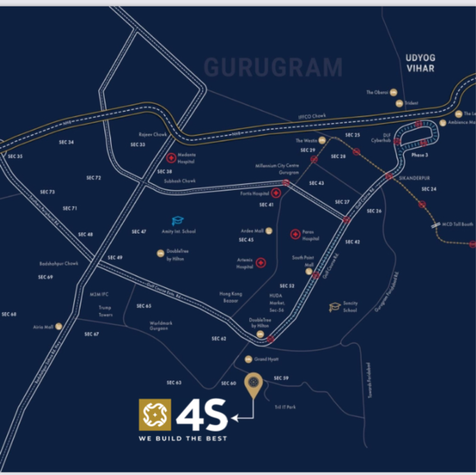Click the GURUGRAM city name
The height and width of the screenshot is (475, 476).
273,67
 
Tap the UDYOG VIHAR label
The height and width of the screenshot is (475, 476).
420,63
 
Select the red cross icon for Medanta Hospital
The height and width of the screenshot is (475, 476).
171,158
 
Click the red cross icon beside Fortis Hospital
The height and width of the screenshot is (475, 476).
275,193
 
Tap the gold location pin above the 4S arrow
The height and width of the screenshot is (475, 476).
254,384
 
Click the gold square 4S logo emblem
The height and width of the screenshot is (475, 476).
155,415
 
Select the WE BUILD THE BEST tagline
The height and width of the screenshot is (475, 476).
183,439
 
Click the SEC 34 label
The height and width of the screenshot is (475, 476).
66,142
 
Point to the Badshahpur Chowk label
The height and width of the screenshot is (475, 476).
58,263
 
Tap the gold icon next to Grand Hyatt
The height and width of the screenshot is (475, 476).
249,359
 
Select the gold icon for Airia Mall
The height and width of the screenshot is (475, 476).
59,326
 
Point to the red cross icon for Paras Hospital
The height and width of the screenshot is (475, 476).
295,234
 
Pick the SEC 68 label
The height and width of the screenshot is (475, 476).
9,314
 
